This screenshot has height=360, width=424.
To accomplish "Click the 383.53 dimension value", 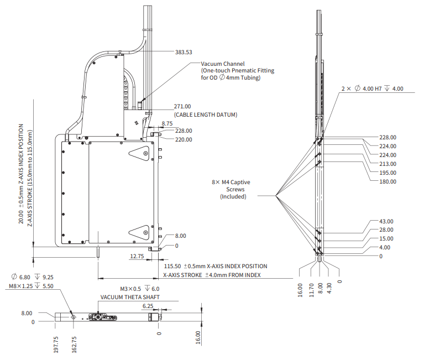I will tap(184, 53).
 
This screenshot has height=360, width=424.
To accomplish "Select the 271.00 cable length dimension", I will tap(182, 106).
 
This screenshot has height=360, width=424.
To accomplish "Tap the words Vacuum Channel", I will tap(222, 64).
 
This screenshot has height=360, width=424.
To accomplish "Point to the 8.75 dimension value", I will tap(167, 123).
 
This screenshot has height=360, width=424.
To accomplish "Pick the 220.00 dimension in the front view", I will tap(183, 139).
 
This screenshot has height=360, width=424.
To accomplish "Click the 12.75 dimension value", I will tap(137, 257).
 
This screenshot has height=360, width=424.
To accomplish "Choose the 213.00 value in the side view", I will tap(388, 164).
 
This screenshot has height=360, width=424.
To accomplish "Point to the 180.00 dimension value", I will tap(388, 181).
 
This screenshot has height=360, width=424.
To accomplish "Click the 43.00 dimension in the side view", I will tap(386, 221).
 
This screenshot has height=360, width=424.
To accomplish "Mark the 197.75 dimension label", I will tap(56, 343).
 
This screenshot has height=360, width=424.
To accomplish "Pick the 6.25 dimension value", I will tap(148, 306).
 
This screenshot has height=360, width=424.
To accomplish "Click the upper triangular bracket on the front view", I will tap(139, 153).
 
